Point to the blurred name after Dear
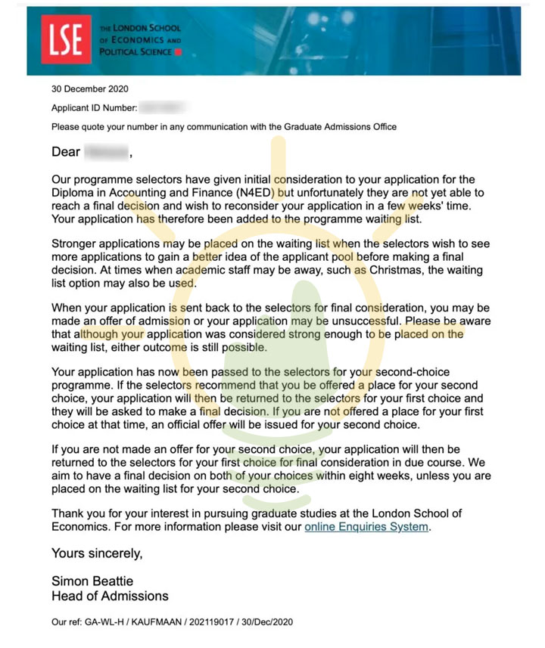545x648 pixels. (x=106, y=152)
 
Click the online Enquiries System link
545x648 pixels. (x=366, y=526)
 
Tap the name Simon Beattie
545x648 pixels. (x=92, y=581)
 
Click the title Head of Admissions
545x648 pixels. (x=110, y=596)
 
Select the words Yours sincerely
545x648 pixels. (x=97, y=553)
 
